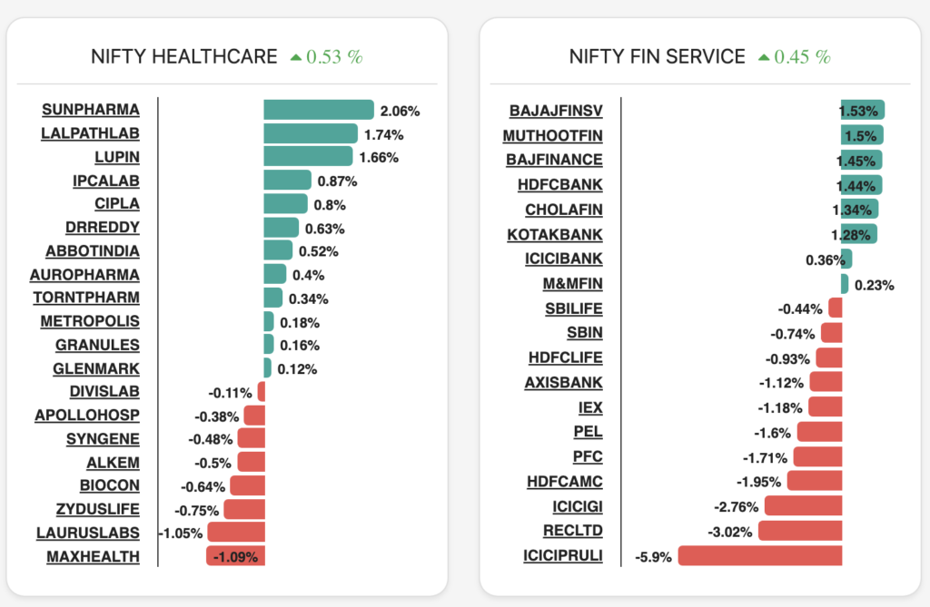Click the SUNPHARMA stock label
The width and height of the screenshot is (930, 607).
tap(91, 110)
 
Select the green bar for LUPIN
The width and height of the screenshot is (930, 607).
tap(308, 157)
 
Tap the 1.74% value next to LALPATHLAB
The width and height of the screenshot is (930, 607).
tap(383, 134)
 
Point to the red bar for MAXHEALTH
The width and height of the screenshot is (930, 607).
tap(235, 556)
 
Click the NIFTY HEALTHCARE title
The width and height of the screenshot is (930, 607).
tap(184, 56)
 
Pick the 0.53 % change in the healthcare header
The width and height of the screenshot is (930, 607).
tap(334, 56)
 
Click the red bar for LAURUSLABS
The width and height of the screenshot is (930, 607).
tap(236, 533)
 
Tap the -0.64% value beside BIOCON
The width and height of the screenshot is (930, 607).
tap(203, 486)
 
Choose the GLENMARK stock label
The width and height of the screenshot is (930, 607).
tap(96, 368)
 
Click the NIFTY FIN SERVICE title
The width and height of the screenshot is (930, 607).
tap(657, 56)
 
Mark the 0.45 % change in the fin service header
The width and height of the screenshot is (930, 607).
tap(802, 56)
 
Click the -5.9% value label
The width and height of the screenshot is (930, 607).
tap(653, 557)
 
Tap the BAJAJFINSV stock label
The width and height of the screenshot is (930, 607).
tap(556, 112)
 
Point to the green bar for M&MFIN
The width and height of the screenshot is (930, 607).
tap(845, 284)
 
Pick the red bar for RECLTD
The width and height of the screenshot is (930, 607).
tap(800, 531)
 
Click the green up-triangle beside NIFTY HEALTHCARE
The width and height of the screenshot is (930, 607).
tap(295, 57)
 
